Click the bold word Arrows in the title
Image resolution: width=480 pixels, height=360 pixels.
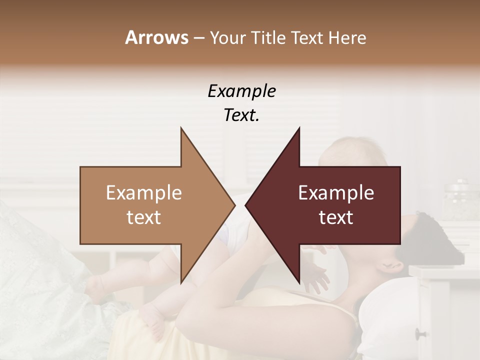pos(156,37)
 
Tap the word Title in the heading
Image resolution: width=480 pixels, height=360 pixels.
pos(270,38)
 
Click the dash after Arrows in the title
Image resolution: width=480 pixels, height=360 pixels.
pos(198,38)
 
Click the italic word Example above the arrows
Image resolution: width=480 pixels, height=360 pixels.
pos(241,91)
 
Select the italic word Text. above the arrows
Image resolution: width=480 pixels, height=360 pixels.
pos(241,115)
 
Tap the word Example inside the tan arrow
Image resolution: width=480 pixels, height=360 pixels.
pos(144,193)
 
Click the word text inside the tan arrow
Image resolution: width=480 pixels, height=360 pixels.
pos(144,217)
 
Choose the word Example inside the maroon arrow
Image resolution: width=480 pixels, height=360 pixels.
pos(336,193)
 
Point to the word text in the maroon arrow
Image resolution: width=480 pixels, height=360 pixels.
pos(336,217)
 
